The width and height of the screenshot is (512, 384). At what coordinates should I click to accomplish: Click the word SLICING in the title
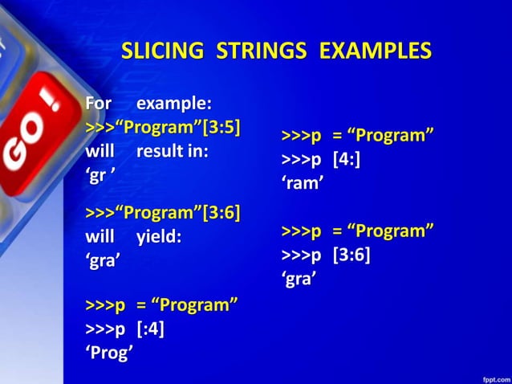click(163, 51)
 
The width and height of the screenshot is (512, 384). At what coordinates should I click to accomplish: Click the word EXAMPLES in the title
click(376, 51)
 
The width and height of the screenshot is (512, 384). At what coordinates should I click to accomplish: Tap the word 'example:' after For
click(174, 104)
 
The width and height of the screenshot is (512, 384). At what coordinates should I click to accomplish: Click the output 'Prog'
click(109, 353)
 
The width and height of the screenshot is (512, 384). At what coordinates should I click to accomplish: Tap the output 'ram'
click(303, 184)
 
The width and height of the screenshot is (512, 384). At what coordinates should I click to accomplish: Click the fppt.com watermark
click(493, 375)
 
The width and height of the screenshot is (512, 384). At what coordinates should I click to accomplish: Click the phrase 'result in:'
click(173, 153)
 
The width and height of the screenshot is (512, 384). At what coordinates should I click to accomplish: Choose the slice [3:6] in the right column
click(351, 255)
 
